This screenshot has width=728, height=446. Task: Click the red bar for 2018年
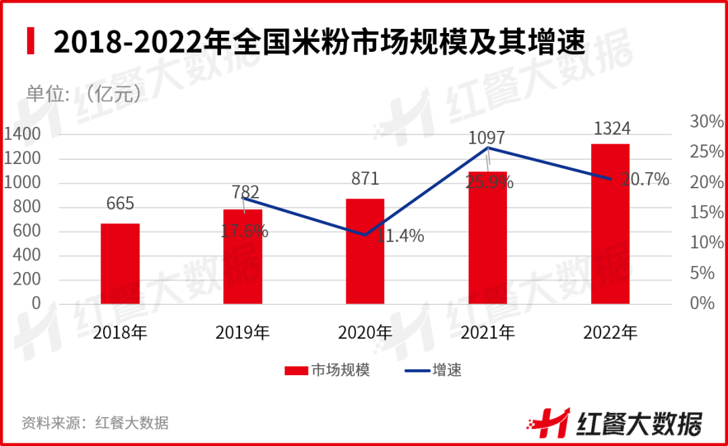pos(121,264)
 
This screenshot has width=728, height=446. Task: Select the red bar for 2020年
pos(365,251)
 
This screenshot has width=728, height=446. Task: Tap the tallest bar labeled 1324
pos(610,224)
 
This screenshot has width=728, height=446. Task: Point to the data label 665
pos(121,204)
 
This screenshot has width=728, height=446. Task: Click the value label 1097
pos(487,138)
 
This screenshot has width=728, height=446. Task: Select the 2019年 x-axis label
pos(243,332)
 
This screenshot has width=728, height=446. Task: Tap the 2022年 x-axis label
pos(610,332)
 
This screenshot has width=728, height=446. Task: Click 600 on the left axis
pos(28,231)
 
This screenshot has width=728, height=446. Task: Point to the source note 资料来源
pos(95,423)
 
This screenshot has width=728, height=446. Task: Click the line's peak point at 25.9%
pos(487,147)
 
